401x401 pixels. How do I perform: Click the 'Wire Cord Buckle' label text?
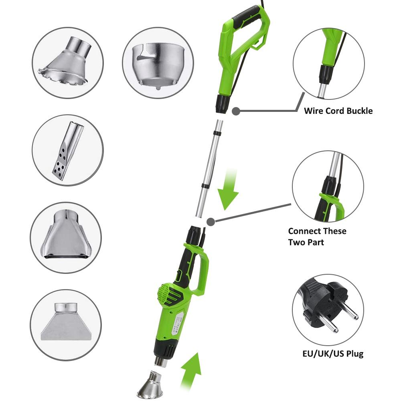pos(338,111)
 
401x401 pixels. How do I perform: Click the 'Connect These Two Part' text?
pos(317,237)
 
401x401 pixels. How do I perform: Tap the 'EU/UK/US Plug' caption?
pos(333,354)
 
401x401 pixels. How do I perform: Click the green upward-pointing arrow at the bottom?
pos(190,371)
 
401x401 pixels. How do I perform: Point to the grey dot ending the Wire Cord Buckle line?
pos(236,111)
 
